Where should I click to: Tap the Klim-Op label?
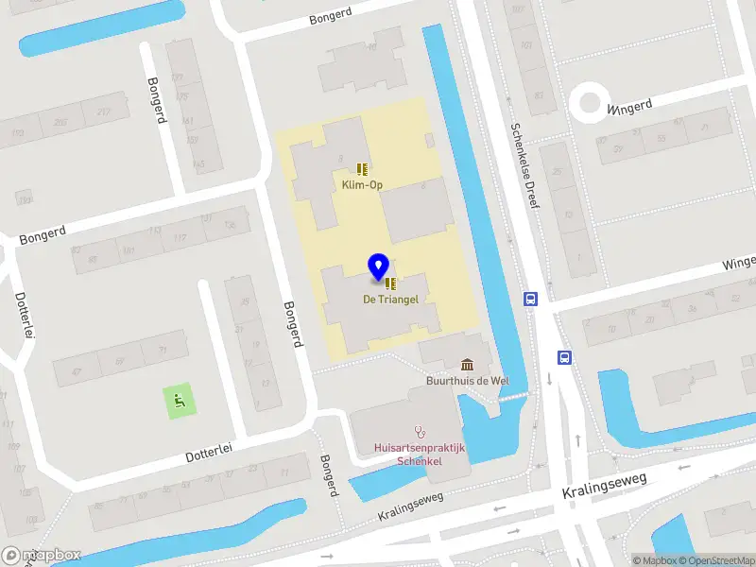point(362,185)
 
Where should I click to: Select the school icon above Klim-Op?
point(362,168)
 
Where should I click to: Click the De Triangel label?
point(390,299)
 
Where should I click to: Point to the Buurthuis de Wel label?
point(466,382)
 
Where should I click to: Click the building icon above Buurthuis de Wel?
point(467,365)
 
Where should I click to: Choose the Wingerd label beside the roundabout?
point(630,107)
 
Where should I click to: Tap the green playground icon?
point(177,401)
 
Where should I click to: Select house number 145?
point(198,164)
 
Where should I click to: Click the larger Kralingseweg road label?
point(605,487)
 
